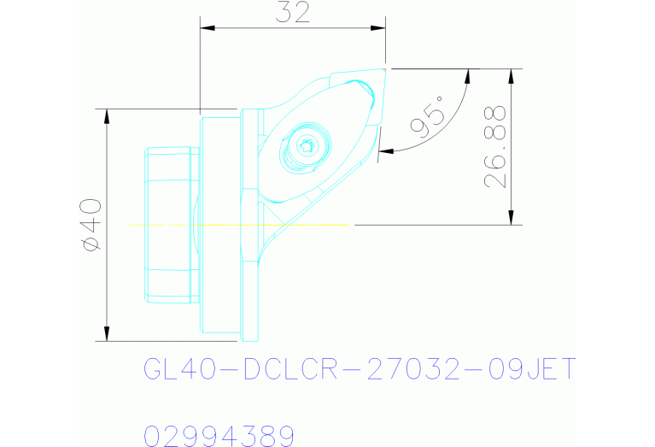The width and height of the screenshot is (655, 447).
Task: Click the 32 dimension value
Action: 292,12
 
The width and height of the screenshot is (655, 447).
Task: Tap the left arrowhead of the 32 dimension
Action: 206,28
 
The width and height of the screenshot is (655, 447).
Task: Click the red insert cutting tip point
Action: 386,68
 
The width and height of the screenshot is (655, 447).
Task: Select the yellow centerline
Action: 239,225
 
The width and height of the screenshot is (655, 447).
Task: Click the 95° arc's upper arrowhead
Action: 468,76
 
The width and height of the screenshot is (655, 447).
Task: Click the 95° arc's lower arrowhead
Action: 383,151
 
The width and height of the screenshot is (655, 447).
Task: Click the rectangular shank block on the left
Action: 171,224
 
